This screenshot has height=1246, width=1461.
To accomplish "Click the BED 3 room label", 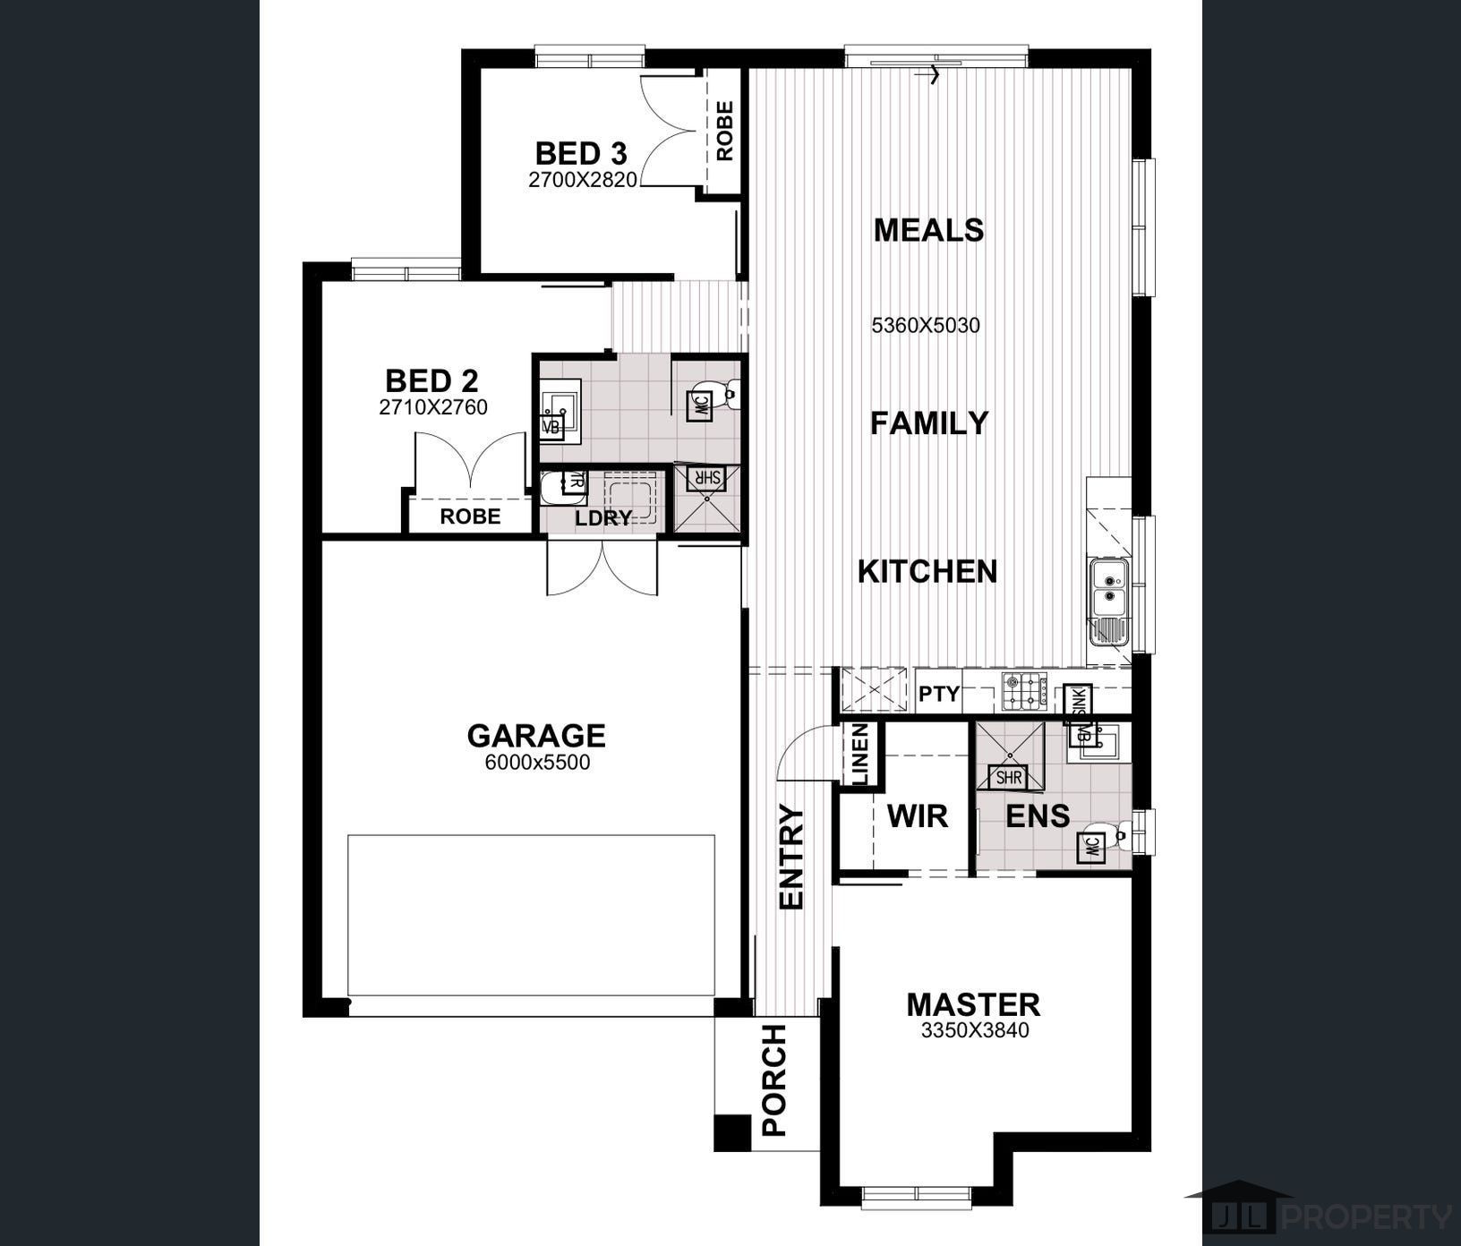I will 580,153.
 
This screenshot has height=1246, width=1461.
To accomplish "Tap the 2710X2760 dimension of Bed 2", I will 433,408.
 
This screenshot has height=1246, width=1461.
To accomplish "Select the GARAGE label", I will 536,736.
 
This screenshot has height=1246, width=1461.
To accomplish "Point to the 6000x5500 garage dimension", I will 537,764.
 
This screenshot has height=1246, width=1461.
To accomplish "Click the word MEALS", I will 928,230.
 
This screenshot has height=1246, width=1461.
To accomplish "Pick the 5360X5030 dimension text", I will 926,326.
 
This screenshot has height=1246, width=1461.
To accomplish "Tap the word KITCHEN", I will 927,571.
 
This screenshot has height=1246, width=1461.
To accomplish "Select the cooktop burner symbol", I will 1024,692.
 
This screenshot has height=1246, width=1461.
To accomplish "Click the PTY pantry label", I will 938,694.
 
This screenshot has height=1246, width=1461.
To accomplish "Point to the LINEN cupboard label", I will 859,755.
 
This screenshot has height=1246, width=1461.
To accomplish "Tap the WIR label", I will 917,816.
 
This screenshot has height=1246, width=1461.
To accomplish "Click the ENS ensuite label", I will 1038,816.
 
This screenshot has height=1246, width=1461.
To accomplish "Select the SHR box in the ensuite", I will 1008,778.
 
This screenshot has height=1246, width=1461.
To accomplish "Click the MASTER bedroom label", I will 973,1004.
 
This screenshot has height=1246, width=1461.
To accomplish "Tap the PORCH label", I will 773,1080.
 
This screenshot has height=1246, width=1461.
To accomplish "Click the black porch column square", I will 731,1132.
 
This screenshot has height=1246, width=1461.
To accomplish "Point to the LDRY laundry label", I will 603,517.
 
